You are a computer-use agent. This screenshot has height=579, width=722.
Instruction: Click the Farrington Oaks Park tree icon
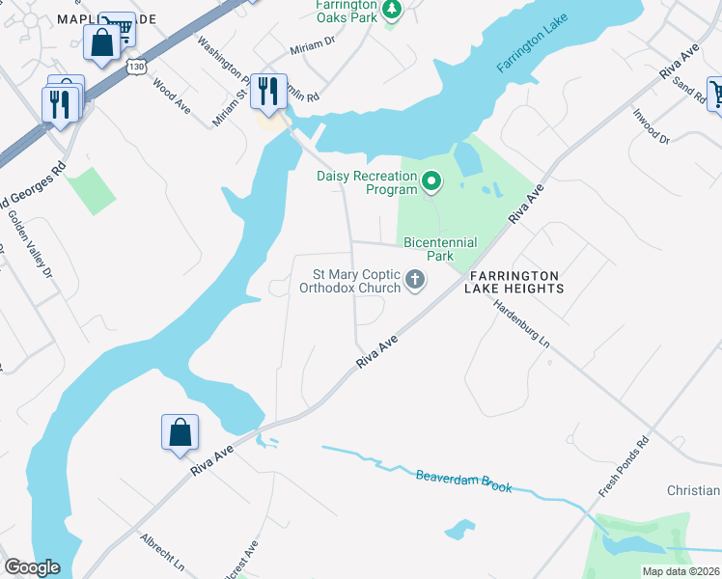(x=391, y=11)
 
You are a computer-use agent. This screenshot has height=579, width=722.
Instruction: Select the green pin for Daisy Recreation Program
(x=432, y=179)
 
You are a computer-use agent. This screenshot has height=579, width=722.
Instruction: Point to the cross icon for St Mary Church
(x=415, y=281)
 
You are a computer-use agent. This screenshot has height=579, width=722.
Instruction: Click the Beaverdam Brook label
(x=463, y=481)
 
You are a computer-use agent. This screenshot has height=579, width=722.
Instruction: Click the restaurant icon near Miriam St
(x=268, y=92)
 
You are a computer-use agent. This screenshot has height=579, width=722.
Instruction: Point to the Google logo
(x=32, y=567)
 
